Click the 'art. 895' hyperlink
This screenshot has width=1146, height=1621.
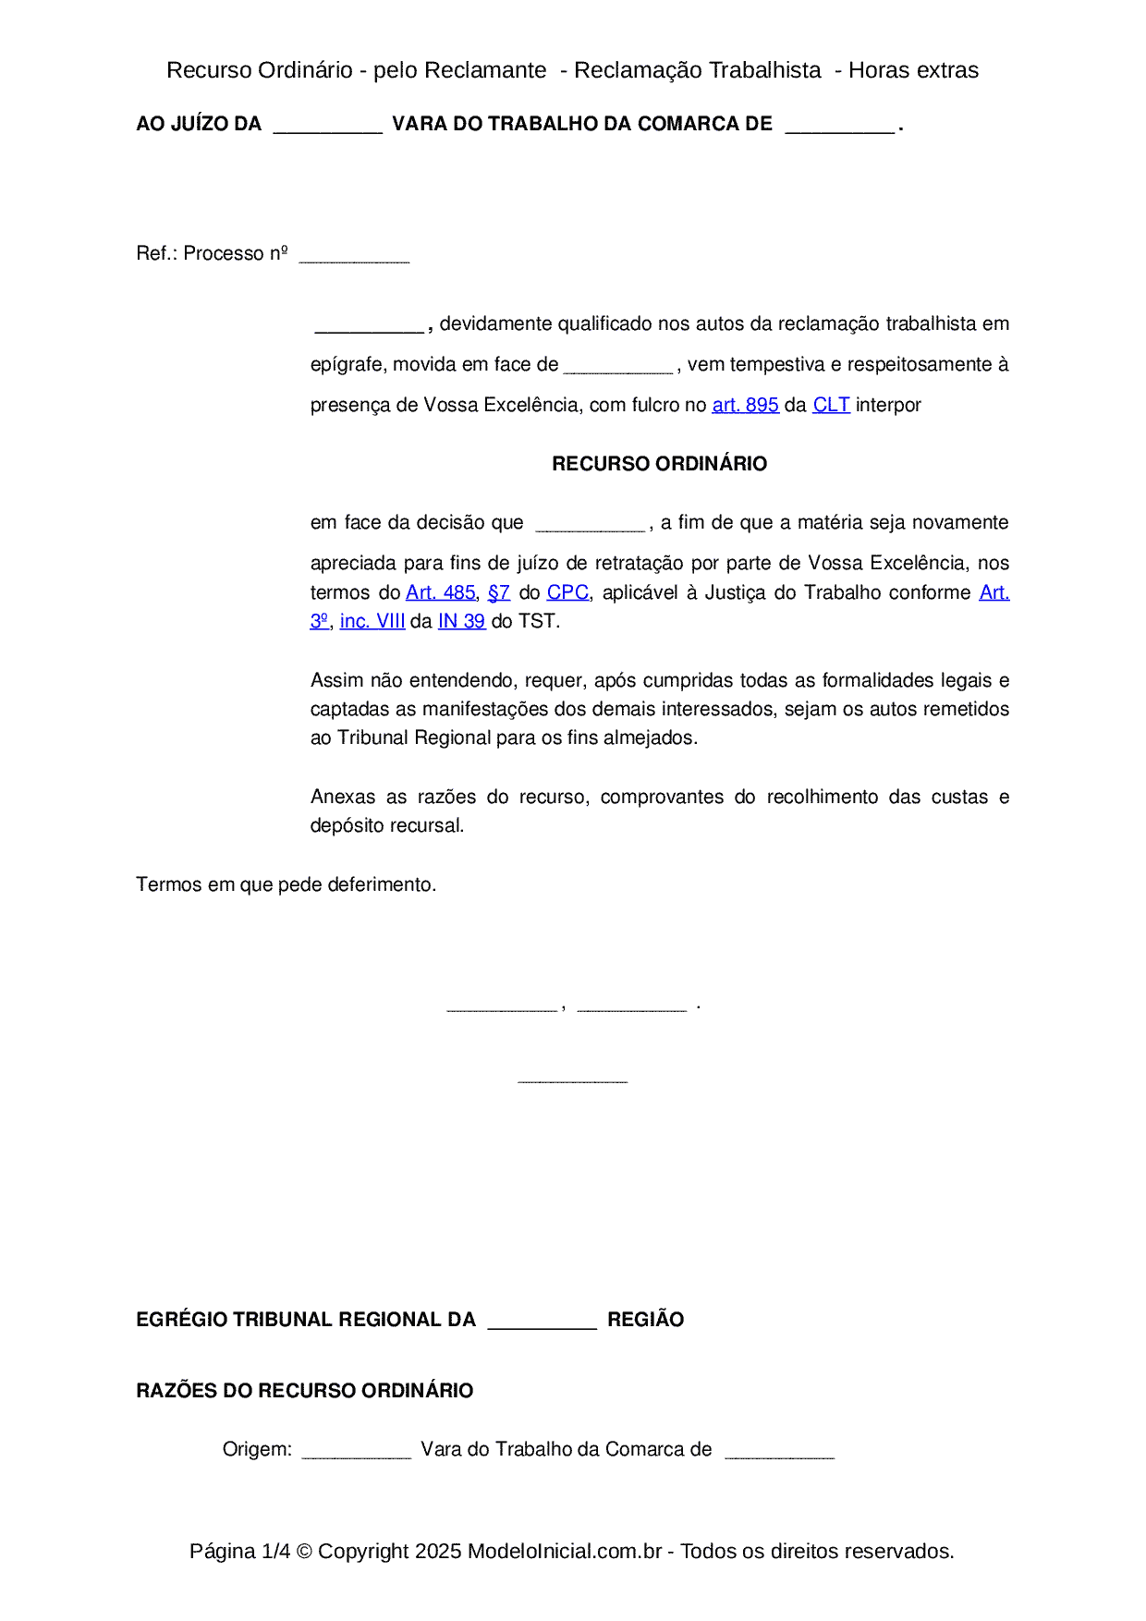click(x=745, y=405)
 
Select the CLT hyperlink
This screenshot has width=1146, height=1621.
click(x=831, y=405)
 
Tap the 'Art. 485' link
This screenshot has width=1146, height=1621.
click(x=441, y=592)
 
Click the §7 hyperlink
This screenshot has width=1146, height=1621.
click(x=499, y=592)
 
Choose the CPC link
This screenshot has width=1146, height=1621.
click(x=567, y=592)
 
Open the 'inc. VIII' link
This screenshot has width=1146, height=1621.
click(x=372, y=621)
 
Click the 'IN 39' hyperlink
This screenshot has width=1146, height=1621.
click(x=461, y=621)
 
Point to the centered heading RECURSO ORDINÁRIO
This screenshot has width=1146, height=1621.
click(x=659, y=464)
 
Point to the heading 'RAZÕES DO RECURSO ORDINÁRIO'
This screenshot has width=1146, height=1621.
click(x=304, y=1391)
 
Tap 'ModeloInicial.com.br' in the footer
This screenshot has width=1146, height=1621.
click(x=565, y=1551)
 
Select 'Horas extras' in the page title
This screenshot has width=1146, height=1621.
click(x=913, y=70)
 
